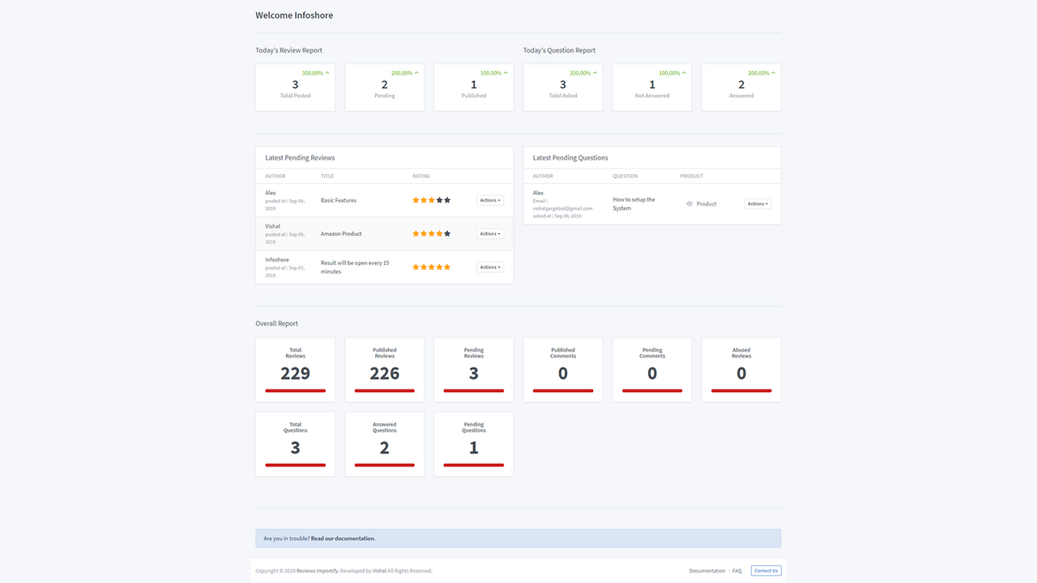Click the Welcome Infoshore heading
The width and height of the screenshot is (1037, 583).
[x=294, y=15]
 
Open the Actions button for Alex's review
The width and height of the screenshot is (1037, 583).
[x=489, y=200]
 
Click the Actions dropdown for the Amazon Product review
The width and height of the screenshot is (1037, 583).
[x=489, y=234]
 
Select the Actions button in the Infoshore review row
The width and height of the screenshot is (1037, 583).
[x=489, y=267]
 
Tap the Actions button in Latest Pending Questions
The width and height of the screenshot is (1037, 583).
[x=757, y=204]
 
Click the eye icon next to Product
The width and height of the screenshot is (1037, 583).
[x=689, y=204]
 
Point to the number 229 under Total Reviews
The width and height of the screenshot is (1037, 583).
[x=296, y=373]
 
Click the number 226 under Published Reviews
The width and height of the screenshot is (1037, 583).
[x=385, y=373]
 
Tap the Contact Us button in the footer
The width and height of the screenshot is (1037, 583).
[x=766, y=571]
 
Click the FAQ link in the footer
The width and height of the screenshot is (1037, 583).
[x=737, y=571]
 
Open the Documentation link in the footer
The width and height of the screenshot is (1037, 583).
[x=707, y=571]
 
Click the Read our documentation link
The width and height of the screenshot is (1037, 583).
[x=343, y=538]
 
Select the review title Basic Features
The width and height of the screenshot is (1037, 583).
[x=339, y=200]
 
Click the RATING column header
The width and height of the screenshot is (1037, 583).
[x=421, y=176]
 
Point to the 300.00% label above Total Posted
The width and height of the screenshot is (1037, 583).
[x=313, y=73]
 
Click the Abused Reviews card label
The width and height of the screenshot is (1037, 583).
[x=741, y=353]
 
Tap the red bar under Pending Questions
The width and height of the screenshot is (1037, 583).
[x=474, y=465]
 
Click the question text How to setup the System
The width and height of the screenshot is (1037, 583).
[x=634, y=204]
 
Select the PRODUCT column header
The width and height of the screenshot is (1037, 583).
[x=692, y=176]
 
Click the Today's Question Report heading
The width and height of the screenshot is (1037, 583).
[x=559, y=50]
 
